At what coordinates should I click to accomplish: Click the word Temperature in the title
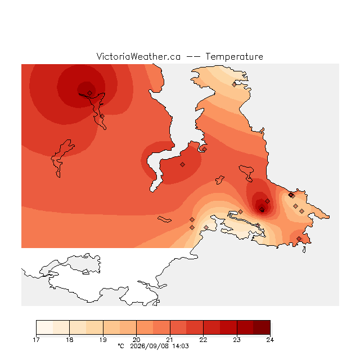[234, 56]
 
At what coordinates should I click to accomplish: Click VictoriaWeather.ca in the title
[138, 56]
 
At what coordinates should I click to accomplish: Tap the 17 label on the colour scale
[36, 340]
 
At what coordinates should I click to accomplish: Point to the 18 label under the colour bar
[70, 340]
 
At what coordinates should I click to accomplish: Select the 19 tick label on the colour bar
[103, 340]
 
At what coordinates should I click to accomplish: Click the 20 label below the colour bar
[136, 340]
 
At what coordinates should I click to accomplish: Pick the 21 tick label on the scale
[170, 340]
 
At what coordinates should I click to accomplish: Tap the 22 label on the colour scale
[203, 340]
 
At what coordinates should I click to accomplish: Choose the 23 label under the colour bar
[237, 340]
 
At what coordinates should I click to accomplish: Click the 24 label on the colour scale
[270, 340]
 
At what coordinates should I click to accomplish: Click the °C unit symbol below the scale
[121, 346]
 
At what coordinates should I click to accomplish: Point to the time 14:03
[181, 346]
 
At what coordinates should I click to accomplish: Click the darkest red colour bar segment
[262, 327]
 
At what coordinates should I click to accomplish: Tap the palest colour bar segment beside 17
[44, 327]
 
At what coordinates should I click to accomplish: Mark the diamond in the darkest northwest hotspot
[90, 93]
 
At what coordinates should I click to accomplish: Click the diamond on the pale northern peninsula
[234, 85]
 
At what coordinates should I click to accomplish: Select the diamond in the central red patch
[182, 164]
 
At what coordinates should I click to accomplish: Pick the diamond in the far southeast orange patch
[299, 238]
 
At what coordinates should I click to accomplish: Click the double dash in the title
[193, 57]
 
